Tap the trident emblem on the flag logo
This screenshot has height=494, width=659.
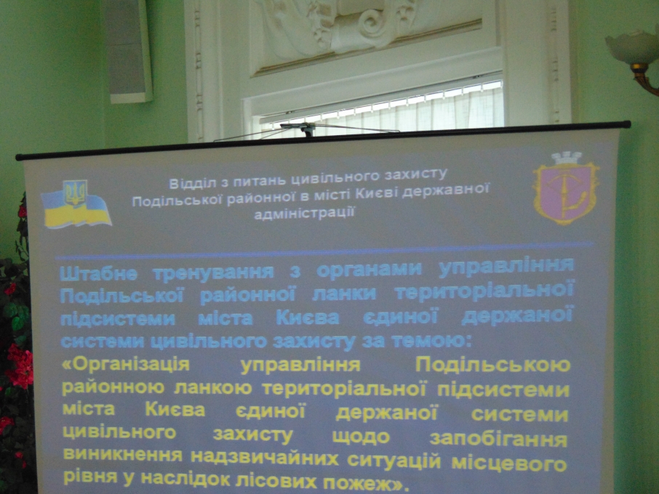(x=76, y=192)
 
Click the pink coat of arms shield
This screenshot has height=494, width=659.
(x=566, y=193)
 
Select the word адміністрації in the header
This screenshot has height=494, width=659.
(x=304, y=213)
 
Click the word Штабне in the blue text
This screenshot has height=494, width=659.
(x=98, y=274)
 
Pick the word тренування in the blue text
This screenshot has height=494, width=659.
(x=214, y=271)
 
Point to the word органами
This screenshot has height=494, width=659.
(x=369, y=268)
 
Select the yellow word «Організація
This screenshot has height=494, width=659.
(x=126, y=364)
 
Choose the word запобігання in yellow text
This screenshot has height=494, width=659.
(x=498, y=440)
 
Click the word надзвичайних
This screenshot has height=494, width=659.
(x=264, y=457)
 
